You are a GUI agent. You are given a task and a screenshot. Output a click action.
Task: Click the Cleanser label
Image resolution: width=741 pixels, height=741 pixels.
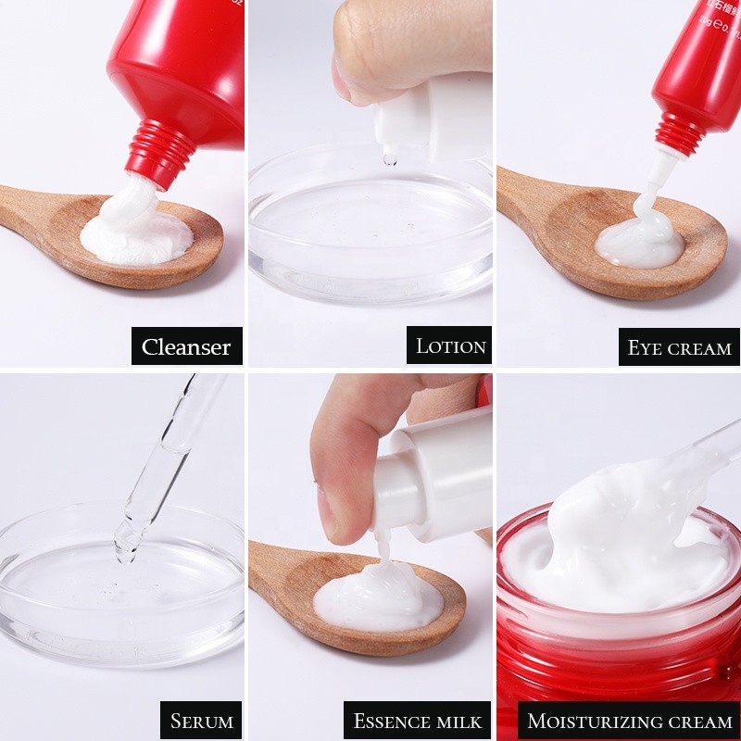(x=186, y=346)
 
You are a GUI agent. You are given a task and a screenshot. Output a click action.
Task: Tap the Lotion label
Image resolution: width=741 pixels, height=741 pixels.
(x=450, y=346)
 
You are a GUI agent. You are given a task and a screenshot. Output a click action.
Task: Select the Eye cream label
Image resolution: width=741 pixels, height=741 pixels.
(x=679, y=347)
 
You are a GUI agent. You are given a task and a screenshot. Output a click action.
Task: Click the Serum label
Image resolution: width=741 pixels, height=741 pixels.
(x=200, y=720)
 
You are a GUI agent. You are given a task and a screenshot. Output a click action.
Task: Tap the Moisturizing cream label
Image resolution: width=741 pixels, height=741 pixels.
(x=629, y=720)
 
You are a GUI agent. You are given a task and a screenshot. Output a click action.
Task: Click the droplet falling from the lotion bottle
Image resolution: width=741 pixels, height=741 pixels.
(x=390, y=159)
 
